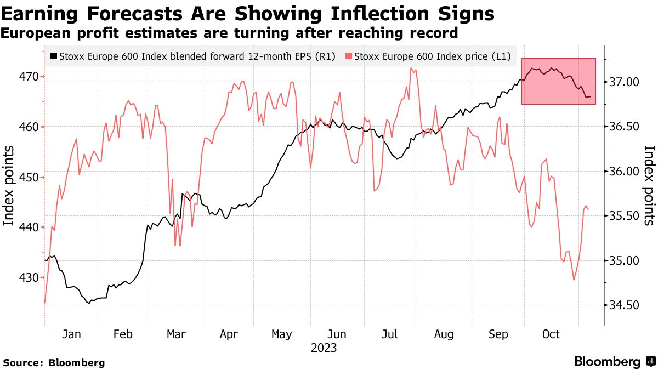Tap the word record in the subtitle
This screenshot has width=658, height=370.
pos(433,33)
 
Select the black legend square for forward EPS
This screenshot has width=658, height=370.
pos(53,56)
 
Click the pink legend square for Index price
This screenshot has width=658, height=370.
pos(349,56)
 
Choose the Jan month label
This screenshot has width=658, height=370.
pos(71,334)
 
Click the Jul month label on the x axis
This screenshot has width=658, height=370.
pos(390,334)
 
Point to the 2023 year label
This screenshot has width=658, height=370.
pos(324,348)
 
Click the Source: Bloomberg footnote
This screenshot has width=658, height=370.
pos(54,362)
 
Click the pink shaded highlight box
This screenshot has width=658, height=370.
pos(558,81)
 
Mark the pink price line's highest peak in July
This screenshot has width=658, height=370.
pos(411,68)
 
